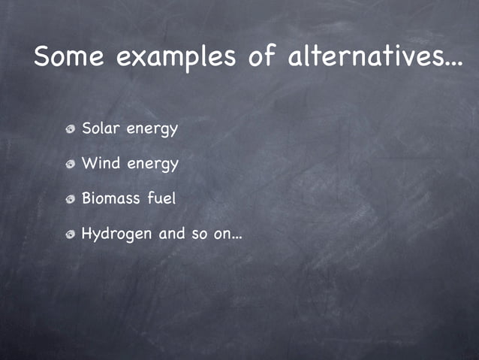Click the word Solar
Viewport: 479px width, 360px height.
point(101,129)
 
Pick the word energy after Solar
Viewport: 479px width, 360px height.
point(152,130)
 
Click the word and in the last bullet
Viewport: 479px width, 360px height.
point(172,233)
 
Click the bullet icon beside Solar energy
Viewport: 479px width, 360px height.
point(70,129)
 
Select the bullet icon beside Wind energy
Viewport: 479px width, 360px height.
point(70,164)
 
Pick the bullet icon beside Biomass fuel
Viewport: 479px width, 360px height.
point(70,199)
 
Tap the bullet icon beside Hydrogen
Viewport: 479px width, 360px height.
point(70,234)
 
